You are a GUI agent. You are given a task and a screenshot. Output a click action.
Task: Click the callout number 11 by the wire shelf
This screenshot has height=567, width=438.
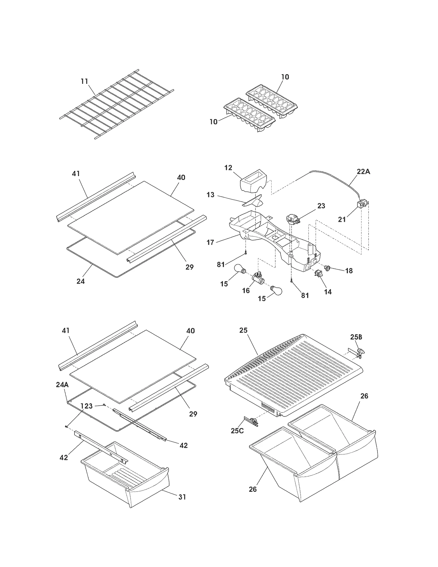click(84, 81)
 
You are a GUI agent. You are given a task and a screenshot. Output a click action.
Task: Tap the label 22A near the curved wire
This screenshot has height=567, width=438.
click(363, 172)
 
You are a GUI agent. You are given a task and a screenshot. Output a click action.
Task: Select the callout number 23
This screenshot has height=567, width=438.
click(321, 206)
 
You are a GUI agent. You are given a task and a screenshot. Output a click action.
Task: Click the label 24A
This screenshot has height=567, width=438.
click(62, 385)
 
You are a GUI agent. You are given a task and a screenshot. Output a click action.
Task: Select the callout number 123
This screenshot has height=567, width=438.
click(87, 406)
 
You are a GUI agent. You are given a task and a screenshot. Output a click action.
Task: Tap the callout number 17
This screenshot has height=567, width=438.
click(210, 242)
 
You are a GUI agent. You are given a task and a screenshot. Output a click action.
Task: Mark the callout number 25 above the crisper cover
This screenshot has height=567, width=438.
click(243, 330)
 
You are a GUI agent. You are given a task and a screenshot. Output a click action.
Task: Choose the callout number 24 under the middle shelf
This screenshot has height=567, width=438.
click(80, 281)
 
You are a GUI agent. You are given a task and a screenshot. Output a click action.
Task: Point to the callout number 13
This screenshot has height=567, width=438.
click(210, 195)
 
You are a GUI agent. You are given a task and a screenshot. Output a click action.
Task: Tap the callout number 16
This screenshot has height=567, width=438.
click(246, 290)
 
